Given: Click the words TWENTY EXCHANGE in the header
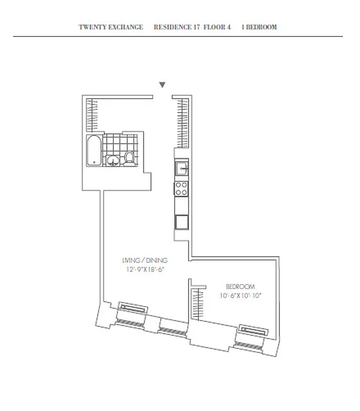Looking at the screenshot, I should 111,27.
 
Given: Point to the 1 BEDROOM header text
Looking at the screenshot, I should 259,27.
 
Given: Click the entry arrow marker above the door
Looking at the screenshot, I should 162,85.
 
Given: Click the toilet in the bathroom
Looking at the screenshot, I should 130,159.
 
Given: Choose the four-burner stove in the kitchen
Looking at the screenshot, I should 181,189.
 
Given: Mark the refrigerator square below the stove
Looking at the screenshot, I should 181,222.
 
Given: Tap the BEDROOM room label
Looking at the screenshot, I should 240,286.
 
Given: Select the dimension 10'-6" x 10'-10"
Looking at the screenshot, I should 240,295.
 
